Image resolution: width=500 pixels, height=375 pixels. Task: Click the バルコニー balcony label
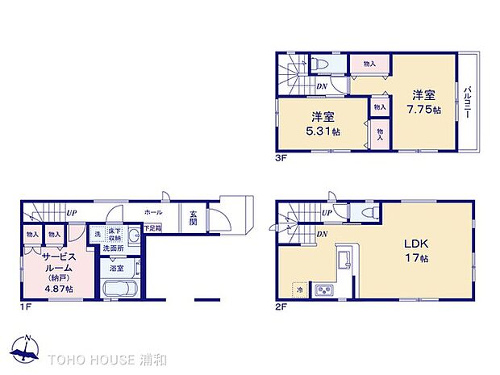467,102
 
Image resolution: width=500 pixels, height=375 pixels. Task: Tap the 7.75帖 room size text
423,109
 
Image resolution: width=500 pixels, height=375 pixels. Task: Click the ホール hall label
153,212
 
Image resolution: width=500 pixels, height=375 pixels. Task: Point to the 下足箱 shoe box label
152,228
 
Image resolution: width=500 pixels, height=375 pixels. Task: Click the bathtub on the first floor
119,288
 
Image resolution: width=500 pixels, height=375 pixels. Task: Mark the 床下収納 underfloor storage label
115,234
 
